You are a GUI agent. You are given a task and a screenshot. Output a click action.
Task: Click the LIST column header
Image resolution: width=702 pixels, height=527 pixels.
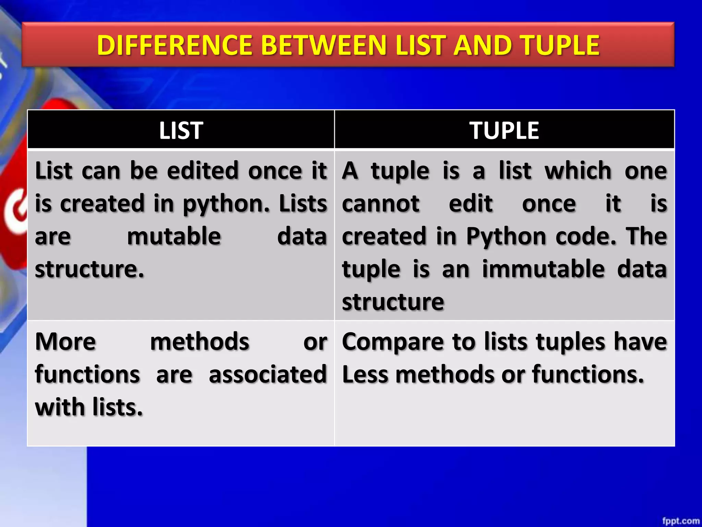[181, 131]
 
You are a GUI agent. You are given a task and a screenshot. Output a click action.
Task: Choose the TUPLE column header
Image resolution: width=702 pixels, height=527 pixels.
[504, 131]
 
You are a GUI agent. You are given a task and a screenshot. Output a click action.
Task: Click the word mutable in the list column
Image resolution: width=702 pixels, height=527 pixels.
[174, 237]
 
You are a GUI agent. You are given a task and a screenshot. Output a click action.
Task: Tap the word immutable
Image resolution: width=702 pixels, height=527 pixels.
[543, 269]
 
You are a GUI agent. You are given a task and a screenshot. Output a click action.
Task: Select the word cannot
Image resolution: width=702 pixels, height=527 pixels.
[381, 204]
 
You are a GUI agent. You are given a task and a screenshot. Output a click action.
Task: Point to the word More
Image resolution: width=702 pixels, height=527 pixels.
[65, 342]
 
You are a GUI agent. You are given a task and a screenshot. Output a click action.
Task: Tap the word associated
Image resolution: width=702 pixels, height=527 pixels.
[268, 374]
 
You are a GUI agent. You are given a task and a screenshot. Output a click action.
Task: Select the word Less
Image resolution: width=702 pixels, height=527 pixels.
[365, 374]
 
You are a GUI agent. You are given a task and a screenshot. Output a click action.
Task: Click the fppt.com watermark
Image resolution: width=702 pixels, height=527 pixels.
[680, 521]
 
